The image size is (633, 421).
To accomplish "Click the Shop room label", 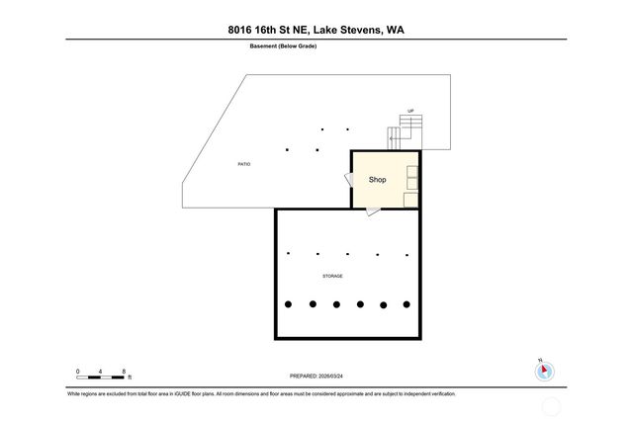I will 377,180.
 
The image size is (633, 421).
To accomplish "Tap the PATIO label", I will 243,163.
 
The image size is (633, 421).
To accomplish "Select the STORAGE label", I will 332,276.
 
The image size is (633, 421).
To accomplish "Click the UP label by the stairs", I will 409,111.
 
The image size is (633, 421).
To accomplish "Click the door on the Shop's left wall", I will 348,179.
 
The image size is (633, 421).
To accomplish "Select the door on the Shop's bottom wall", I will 371,210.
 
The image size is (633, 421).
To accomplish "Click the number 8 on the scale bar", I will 124,371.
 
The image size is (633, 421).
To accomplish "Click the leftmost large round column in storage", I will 289,304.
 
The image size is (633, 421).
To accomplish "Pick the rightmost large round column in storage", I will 407,304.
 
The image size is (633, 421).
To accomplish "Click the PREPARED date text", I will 316,376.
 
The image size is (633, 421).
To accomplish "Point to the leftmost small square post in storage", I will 288,253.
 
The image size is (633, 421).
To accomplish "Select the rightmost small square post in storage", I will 406,254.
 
